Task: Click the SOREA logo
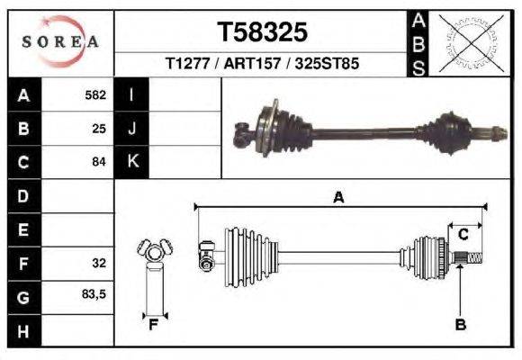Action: (59, 41)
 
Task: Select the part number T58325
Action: (263, 32)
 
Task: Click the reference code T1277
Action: (186, 65)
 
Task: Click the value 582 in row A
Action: (95, 94)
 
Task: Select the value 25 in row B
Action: (99, 129)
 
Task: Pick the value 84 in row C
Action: (99, 162)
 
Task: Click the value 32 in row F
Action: (99, 264)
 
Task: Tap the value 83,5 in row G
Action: (94, 296)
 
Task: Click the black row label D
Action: (22, 196)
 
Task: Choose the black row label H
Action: (22, 330)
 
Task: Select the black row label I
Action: (132, 94)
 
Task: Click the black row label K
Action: (132, 162)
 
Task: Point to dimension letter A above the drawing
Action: (338, 197)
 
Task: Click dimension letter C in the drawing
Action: (463, 235)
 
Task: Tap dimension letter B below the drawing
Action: (460, 324)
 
